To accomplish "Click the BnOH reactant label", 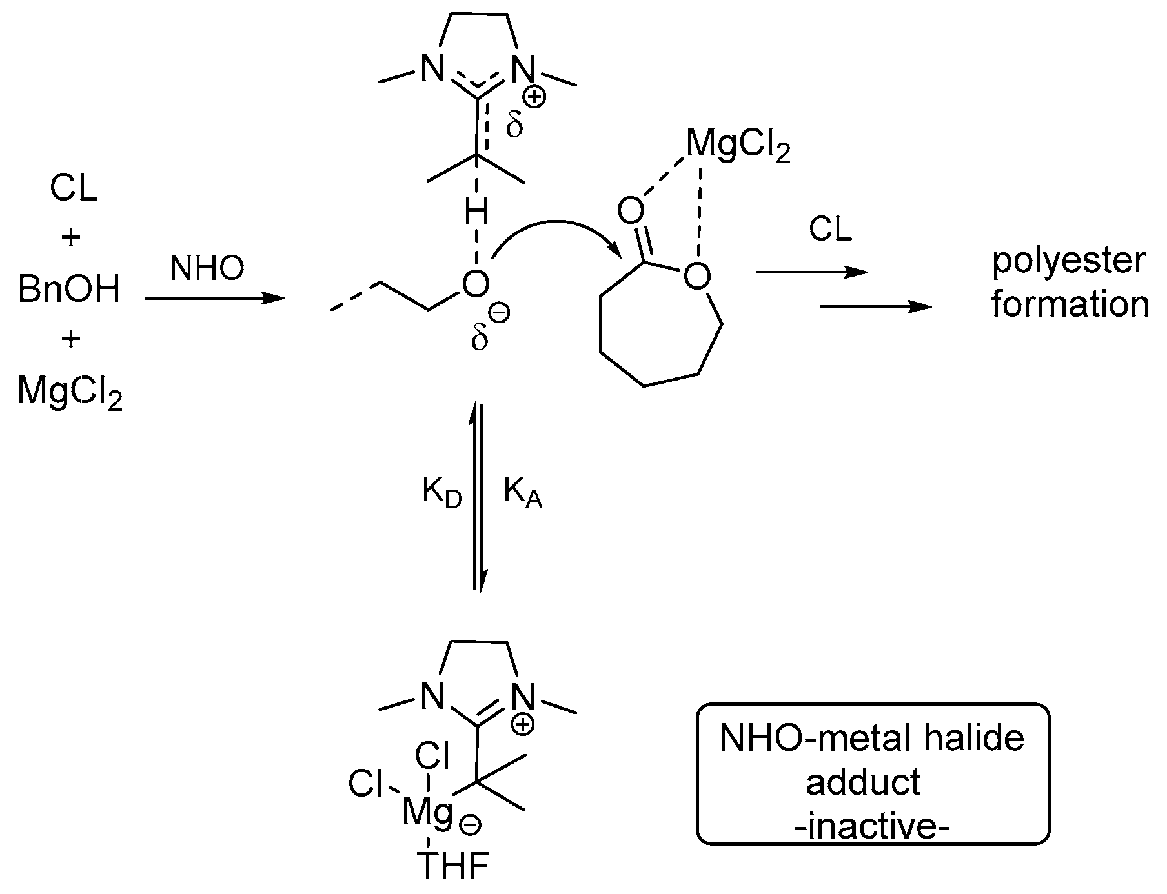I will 69,289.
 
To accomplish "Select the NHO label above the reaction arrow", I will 207,268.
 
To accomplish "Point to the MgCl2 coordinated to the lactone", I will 738,146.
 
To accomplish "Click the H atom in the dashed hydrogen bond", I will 476,214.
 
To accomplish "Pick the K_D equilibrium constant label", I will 442,493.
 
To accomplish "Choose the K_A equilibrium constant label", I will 522,493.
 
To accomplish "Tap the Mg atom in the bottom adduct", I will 426,811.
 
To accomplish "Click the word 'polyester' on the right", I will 1069,261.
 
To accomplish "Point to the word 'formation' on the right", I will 1070,304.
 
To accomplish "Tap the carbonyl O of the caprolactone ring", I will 631,210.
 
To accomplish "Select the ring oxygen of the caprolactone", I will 696,277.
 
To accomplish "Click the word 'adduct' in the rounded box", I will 863,782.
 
